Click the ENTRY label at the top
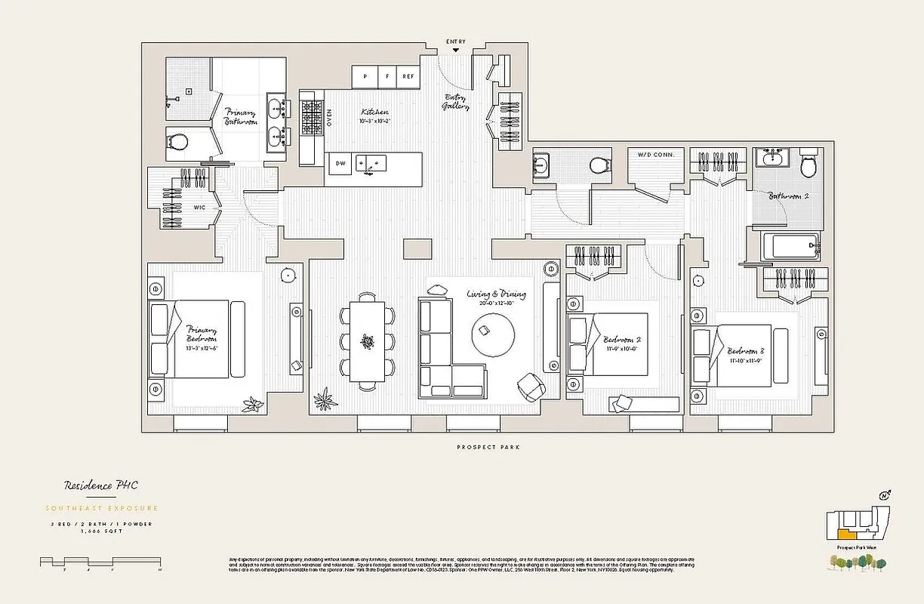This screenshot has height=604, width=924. click(x=456, y=42)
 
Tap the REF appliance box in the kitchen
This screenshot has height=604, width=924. click(x=408, y=76)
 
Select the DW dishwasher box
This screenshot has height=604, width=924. click(x=340, y=163)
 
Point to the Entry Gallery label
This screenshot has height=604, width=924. click(x=456, y=102)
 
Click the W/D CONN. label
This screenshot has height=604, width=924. click(x=656, y=155)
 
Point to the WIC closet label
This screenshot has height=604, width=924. click(x=200, y=206)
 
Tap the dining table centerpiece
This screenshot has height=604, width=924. click(x=367, y=343)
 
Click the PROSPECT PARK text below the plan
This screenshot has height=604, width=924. click(x=488, y=448)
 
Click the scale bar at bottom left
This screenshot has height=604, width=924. click(x=100, y=562)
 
